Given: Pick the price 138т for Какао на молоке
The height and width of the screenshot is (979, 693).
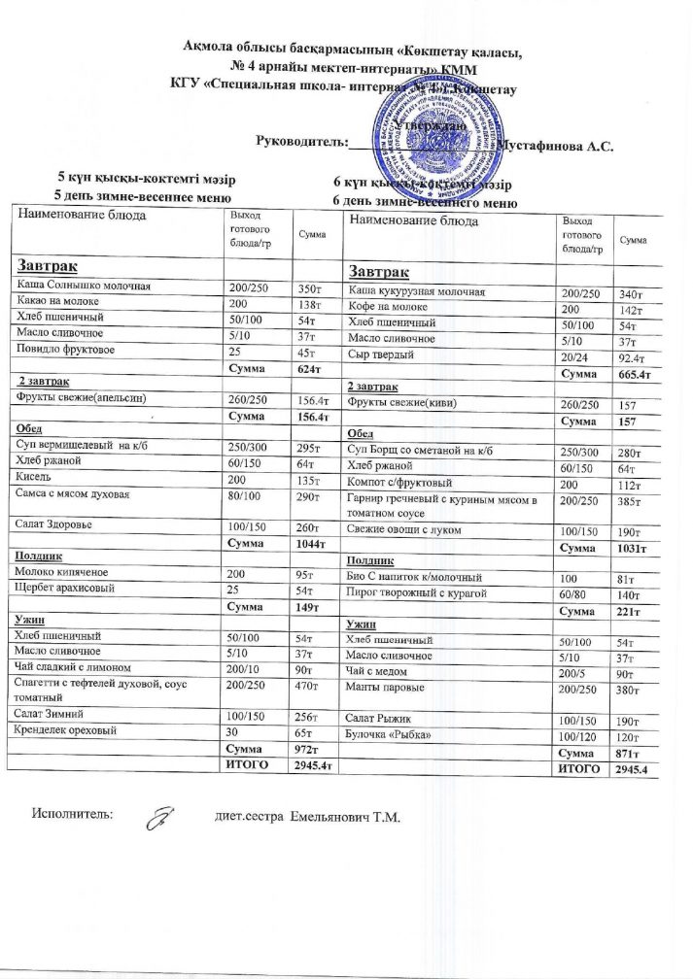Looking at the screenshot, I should click(x=310, y=304).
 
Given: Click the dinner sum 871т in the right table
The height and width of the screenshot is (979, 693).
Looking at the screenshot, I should click(x=633, y=754).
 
